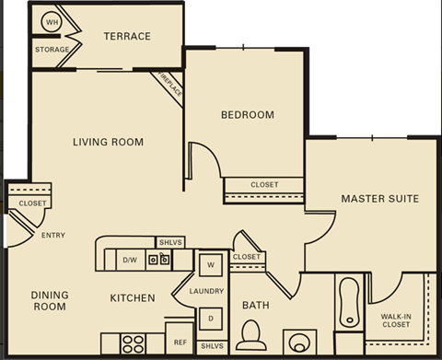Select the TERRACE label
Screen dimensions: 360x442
click(126, 37)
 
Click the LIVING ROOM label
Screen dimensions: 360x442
click(109, 142)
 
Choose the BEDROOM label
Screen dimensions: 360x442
click(247, 115)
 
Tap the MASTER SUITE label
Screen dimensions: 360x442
click(379, 198)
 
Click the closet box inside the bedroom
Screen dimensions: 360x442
click(264, 185)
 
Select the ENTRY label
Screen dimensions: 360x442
click(53, 236)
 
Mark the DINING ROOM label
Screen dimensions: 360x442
click(50, 301)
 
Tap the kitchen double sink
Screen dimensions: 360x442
click(158, 260)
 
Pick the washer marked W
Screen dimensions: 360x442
click(210, 265)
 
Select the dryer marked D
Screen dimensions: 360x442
click(210, 319)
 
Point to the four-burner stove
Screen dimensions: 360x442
click(134, 343)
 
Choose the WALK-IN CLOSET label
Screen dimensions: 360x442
click(396, 319)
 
